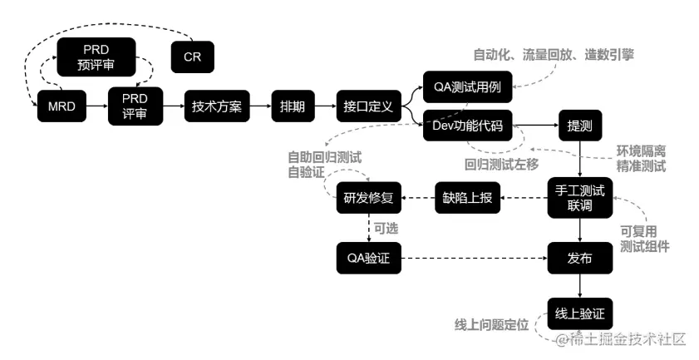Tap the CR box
tap(191, 57)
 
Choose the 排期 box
tap(292, 108)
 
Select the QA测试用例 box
tap(467, 86)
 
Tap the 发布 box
tap(579, 259)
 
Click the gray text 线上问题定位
tap(491, 323)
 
